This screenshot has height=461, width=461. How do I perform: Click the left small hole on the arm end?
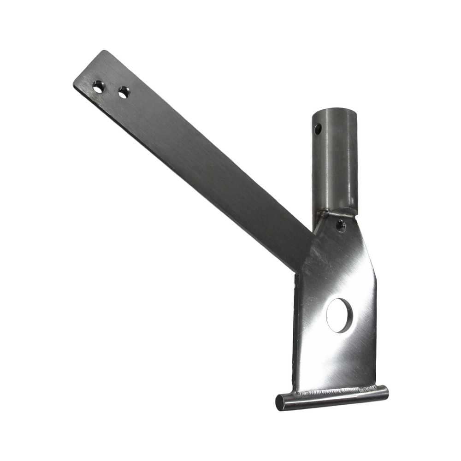pyautogui.click(x=98, y=87)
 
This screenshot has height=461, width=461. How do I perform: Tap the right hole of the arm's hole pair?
pyautogui.click(x=123, y=92)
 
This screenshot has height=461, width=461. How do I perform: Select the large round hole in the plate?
pyautogui.click(x=339, y=315)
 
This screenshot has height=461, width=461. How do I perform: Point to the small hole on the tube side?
pyautogui.click(x=318, y=130)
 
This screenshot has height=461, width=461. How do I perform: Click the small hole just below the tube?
pyautogui.click(x=340, y=226)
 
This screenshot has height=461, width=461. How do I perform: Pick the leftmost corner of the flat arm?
pyautogui.click(x=74, y=84)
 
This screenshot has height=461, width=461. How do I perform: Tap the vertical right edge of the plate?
pyautogui.click(x=376, y=332)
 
